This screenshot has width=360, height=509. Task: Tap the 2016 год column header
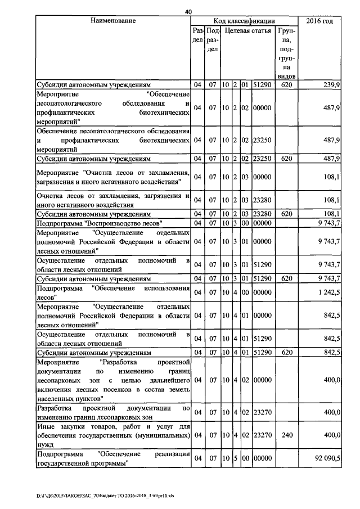pyautogui.click(x=319, y=21)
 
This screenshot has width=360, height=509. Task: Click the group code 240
pyautogui.click(x=286, y=435)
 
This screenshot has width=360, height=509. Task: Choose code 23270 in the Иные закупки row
pyautogui.click(x=262, y=435)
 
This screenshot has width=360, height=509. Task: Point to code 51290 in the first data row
pyautogui.click(x=262, y=84)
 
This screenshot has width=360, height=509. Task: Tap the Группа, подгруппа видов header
pyautogui.click(x=286, y=51)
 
